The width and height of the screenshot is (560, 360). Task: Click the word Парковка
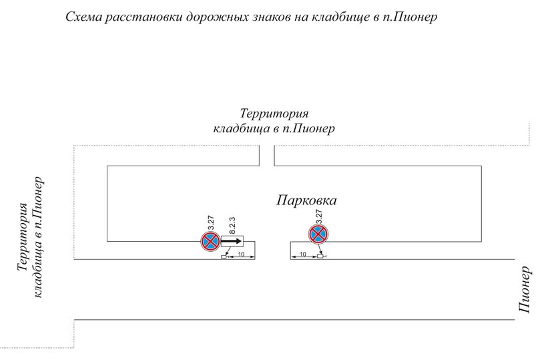click(308, 200)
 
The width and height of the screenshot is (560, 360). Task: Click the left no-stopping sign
click(211, 241)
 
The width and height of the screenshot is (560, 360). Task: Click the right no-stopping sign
click(318, 234)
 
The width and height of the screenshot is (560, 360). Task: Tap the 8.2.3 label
click(233, 224)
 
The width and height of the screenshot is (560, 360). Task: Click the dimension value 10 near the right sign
click(302, 254)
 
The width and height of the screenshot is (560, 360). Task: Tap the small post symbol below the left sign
click(224, 257)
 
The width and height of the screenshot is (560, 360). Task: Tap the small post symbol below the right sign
click(321, 256)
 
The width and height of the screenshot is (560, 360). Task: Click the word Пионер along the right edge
click(526, 289)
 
